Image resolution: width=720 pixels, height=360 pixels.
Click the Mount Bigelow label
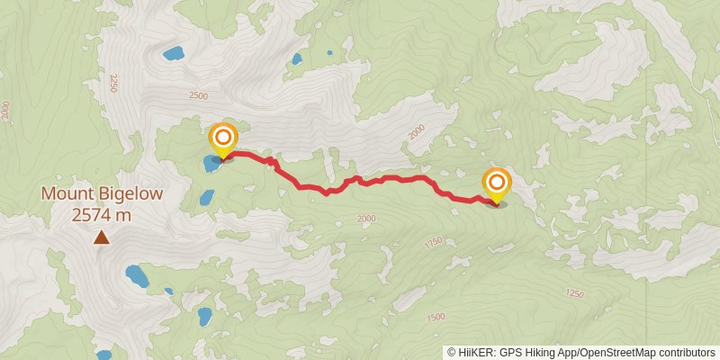101,194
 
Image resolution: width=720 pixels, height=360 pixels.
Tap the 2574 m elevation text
101,215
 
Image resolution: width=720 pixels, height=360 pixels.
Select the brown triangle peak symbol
102,238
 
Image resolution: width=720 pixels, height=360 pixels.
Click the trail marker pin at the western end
223,139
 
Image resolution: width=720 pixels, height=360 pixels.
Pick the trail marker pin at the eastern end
496,184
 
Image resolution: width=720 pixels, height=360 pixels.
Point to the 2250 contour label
112,84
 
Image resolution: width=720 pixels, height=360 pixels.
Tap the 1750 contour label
434,242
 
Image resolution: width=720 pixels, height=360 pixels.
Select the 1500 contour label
436,317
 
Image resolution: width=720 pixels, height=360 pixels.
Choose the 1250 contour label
574,293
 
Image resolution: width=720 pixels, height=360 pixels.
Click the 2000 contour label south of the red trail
365,219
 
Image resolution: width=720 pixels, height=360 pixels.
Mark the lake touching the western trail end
211,164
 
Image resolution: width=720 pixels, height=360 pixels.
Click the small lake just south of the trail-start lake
206,196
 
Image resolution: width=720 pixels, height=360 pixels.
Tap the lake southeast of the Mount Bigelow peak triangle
137,275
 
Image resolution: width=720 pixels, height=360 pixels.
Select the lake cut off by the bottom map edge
104,355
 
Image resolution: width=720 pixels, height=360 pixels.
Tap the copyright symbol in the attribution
452,352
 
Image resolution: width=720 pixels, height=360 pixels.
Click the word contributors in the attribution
687,352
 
